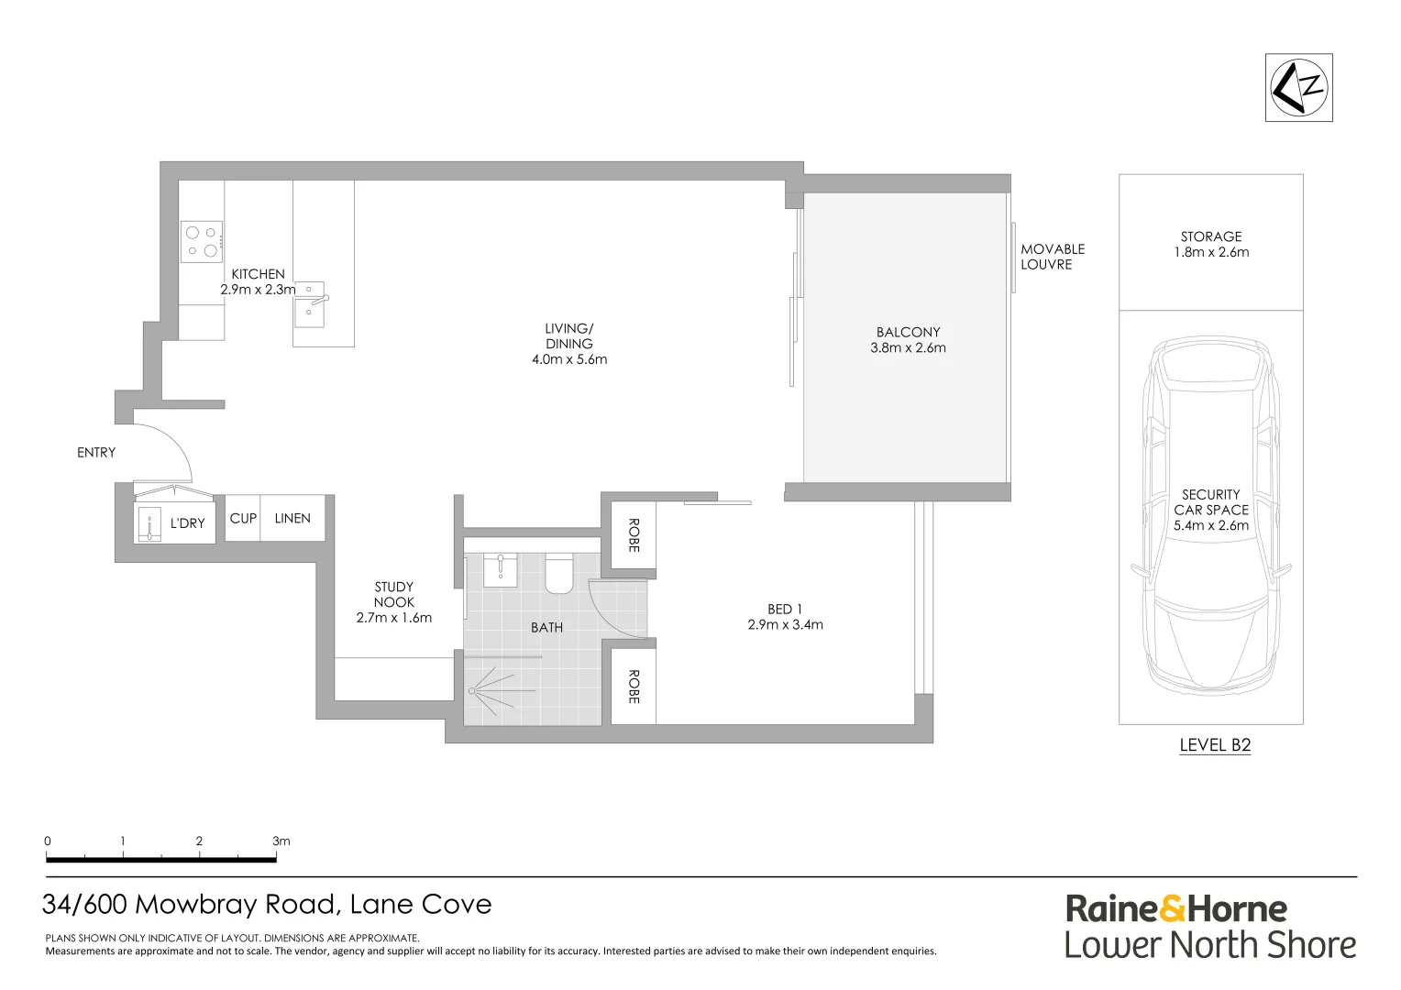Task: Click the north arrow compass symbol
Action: [1298, 87]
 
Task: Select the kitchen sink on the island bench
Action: [309, 304]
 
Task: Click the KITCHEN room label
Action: [258, 274]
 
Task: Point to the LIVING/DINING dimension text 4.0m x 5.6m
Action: [569, 359]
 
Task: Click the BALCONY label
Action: [908, 332]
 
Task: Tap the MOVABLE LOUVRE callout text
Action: [1052, 257]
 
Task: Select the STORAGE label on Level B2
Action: [1210, 236]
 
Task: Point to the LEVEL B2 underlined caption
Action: [1214, 745]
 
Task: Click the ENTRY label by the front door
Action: [96, 452]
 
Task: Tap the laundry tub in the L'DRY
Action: [149, 524]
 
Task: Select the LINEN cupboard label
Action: [292, 518]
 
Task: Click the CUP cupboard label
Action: [243, 518]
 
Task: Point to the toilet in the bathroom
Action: [559, 572]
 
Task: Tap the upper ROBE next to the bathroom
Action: [633, 535]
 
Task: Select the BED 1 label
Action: [785, 609]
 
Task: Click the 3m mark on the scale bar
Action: [276, 859]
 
